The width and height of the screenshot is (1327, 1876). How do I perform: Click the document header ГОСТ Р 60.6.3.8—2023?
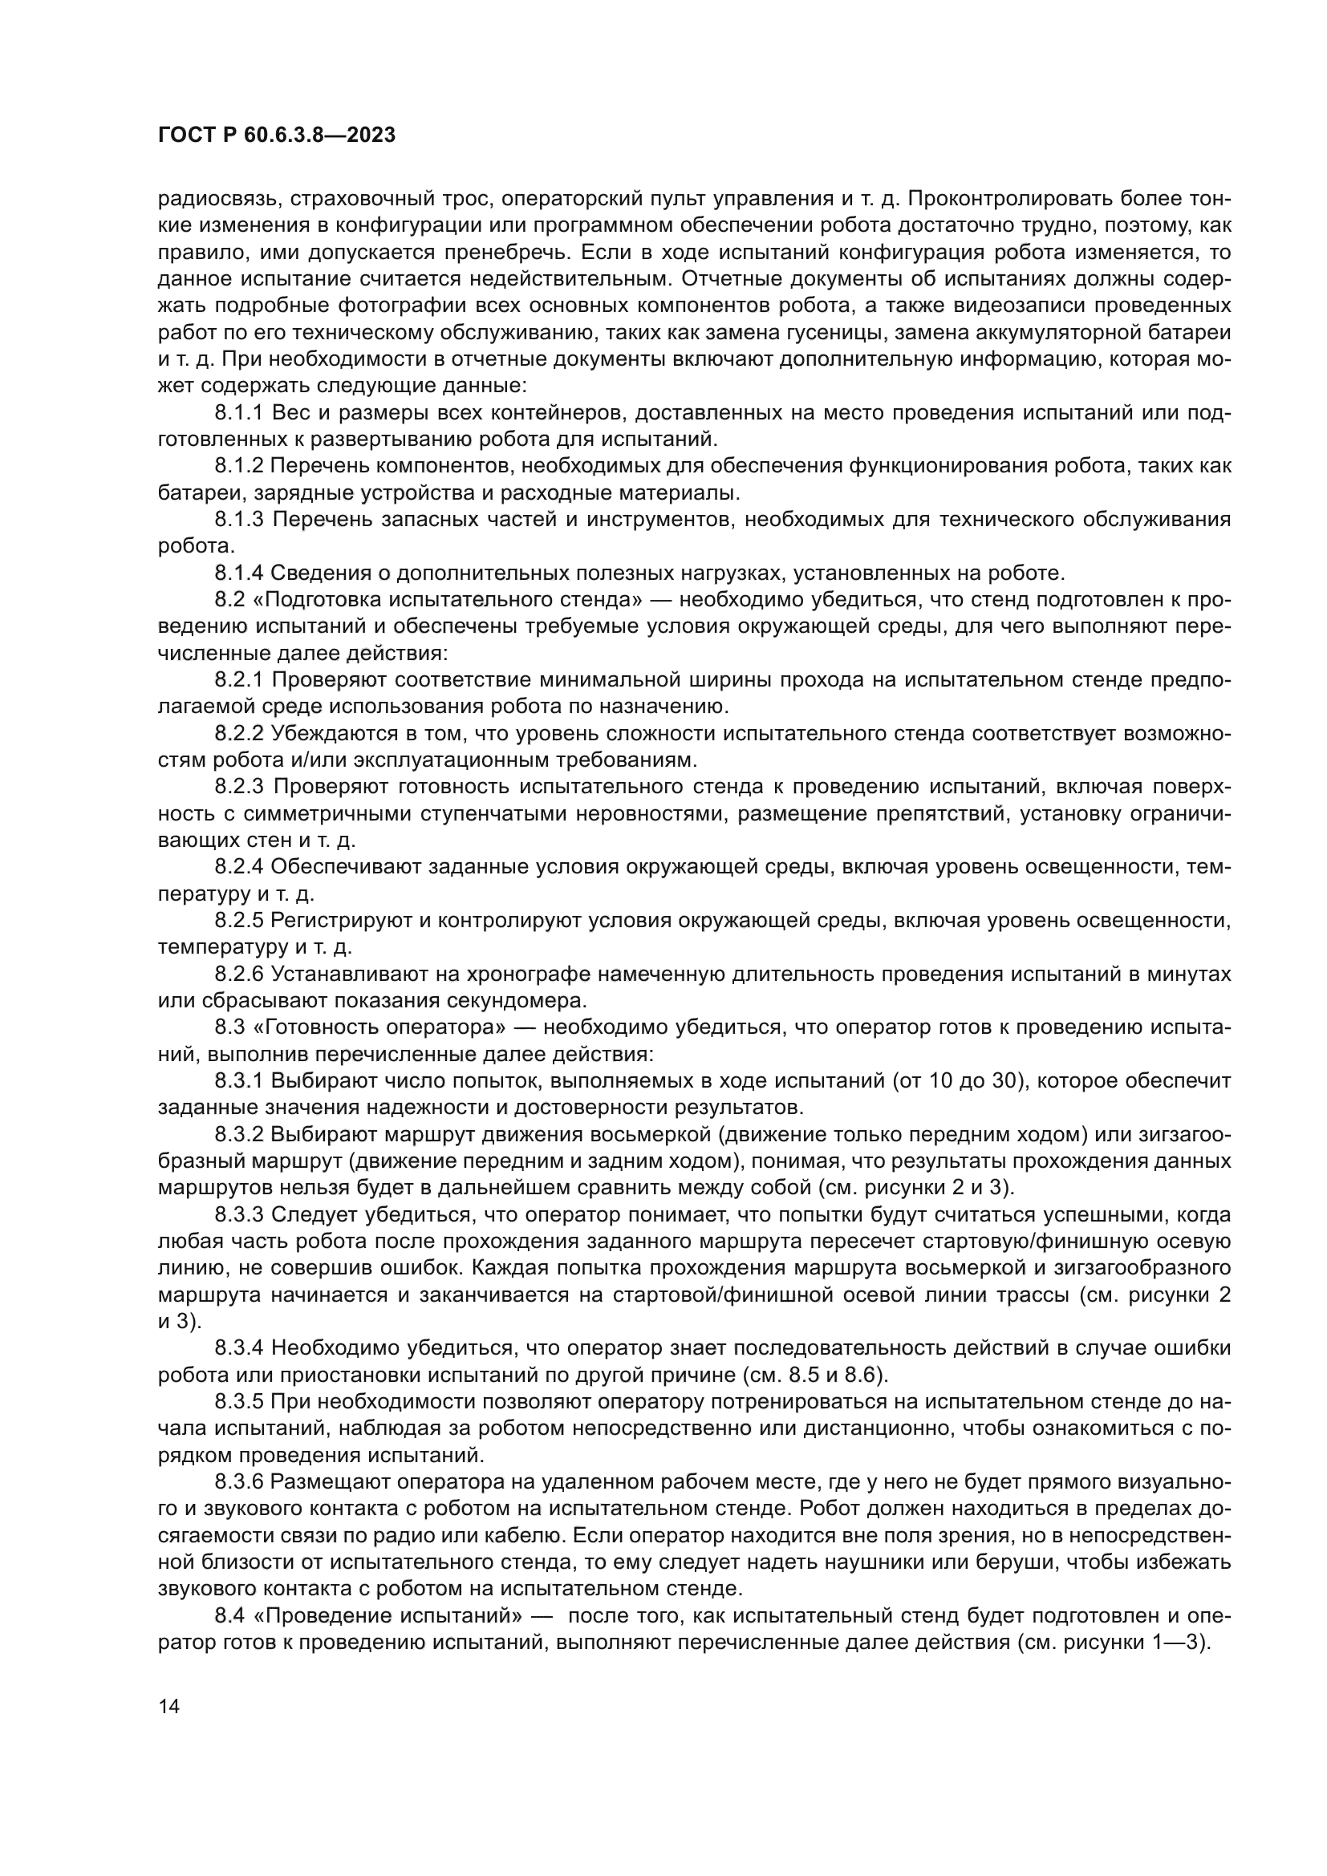pos(276,136)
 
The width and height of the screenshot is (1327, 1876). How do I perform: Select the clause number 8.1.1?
pos(239,412)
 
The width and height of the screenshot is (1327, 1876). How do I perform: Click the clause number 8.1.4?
pos(239,573)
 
